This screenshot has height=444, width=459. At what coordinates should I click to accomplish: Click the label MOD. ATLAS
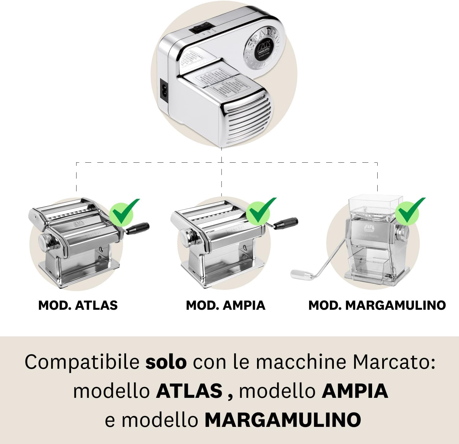pos(78,305)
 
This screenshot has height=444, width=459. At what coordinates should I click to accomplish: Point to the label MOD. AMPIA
pos(226,305)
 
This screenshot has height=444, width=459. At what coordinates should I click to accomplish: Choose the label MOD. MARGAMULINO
pos(377,305)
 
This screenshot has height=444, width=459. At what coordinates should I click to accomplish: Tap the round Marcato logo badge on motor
pos(264,49)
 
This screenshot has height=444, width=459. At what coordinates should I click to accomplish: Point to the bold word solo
pos(166,362)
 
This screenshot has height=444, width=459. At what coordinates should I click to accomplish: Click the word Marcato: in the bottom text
pos(394,362)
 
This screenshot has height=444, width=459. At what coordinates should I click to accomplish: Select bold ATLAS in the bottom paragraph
pos(189,391)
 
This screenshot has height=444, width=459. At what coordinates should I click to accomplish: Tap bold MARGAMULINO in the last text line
pos(283,420)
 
